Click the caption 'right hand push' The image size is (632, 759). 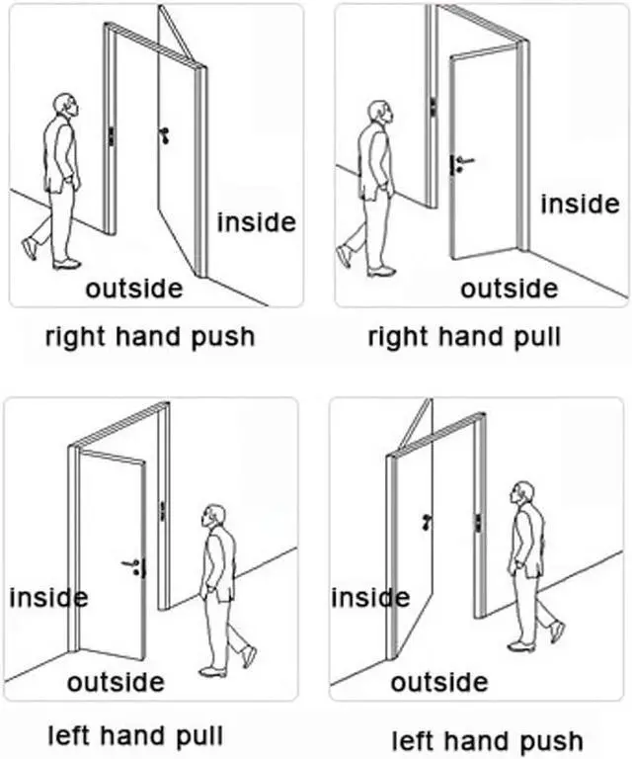click(x=150, y=336)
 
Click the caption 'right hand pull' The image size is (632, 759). click(x=464, y=336)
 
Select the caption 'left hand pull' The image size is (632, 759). click(x=136, y=735)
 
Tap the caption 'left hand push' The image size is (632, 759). click(x=487, y=740)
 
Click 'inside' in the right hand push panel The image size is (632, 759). click(x=256, y=221)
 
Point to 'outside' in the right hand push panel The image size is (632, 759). click(x=133, y=288)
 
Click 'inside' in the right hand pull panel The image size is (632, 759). click(x=580, y=204)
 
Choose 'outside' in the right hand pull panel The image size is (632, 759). click(x=509, y=288)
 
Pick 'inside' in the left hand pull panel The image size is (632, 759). click(x=47, y=597)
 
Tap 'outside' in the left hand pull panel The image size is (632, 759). click(x=116, y=681)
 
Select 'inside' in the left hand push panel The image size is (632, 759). click(x=370, y=597)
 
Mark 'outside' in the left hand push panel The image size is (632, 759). click(x=438, y=681)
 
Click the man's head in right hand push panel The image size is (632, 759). click(x=64, y=106)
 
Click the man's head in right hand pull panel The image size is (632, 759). click(x=379, y=111)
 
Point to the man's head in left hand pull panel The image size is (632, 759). click(x=213, y=517)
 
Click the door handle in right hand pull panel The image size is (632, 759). click(x=462, y=161)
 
